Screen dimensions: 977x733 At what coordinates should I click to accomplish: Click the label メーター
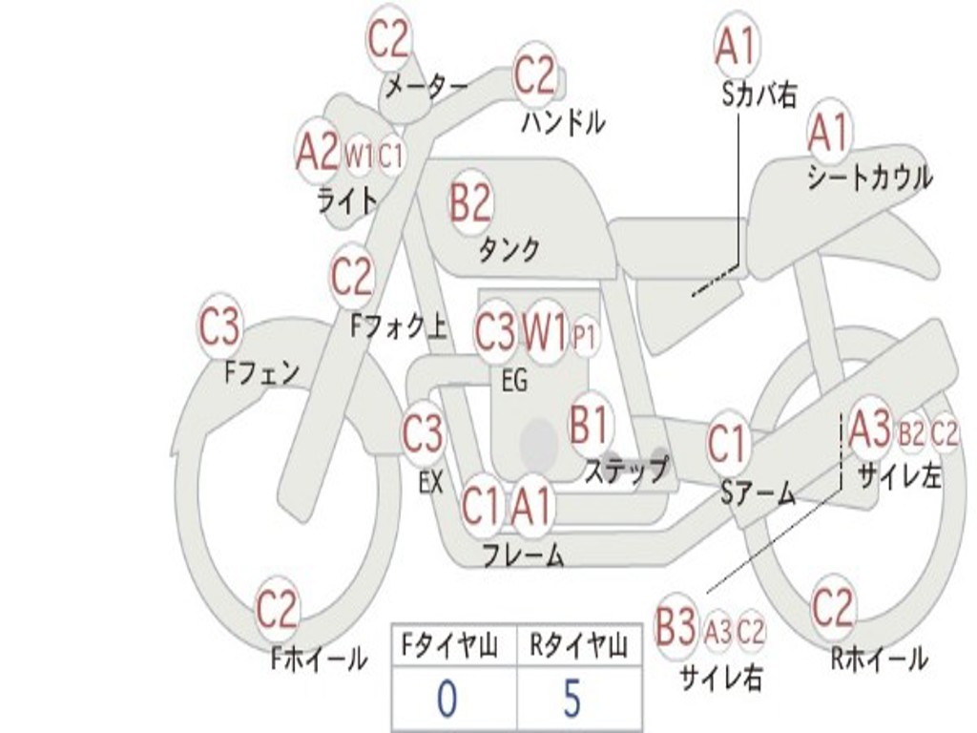426,88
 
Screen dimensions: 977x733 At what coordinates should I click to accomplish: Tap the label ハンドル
564,121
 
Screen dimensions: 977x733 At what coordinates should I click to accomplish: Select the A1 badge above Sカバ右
736,45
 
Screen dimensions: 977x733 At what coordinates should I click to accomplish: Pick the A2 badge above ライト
318,152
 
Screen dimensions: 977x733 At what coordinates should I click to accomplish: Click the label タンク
509,249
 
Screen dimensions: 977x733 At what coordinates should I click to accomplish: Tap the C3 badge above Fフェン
219,328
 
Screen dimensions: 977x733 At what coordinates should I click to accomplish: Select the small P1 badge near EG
584,335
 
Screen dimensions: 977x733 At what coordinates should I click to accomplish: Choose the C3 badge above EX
422,434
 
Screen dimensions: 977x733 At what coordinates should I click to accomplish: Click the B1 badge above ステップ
589,424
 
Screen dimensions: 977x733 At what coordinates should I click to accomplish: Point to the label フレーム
523,555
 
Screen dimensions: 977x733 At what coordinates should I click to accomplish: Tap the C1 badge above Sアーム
727,444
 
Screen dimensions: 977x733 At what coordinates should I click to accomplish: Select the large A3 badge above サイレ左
869,430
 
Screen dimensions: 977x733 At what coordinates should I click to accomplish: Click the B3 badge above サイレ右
676,628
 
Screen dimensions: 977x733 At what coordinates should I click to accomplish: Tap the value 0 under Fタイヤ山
447,699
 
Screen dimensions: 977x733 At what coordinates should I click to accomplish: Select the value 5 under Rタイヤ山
571,699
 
